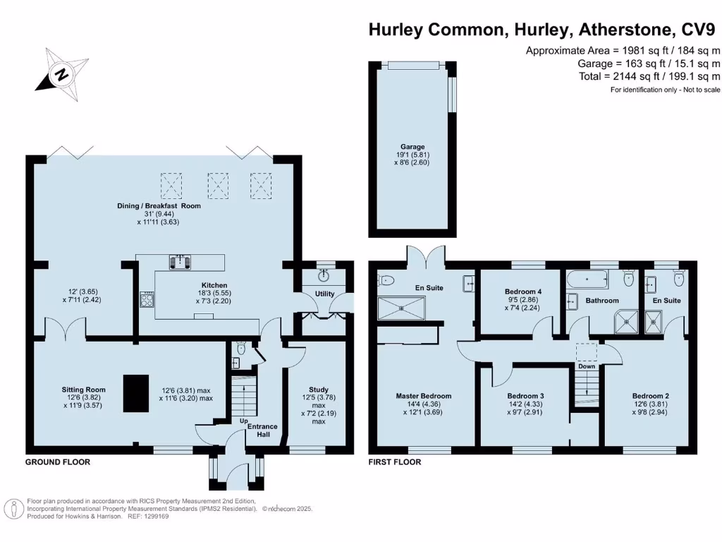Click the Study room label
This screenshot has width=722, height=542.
click(x=319, y=390)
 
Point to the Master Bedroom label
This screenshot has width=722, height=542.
click(x=423, y=396)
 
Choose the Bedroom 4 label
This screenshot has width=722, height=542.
click(x=523, y=291)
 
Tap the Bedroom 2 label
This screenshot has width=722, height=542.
click(x=650, y=395)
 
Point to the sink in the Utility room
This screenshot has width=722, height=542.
click(x=325, y=274)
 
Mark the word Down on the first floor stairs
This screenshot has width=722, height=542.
click(x=587, y=366)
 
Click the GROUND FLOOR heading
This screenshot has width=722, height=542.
click(x=58, y=462)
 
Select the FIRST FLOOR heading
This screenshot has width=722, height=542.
click(x=395, y=462)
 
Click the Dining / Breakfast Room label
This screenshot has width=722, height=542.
click(x=159, y=206)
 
